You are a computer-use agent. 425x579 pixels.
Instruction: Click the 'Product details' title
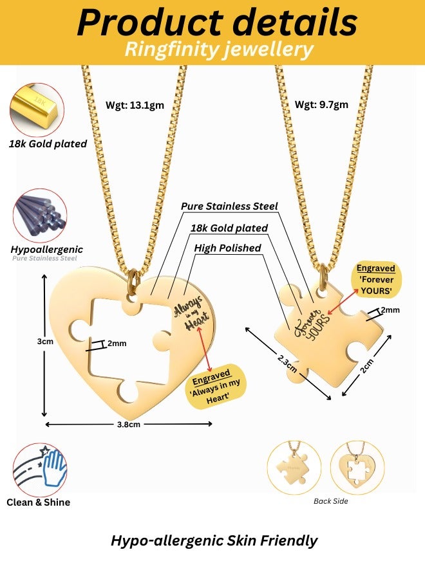coord(217,23)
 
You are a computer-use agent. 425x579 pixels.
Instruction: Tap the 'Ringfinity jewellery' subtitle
coord(219,50)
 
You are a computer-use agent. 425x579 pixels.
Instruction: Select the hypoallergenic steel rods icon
coord(39,214)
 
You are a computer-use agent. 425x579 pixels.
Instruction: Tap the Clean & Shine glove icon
coord(40,469)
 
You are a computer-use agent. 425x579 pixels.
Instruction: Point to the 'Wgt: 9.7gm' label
coord(321,106)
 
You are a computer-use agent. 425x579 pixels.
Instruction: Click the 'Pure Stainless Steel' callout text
coord(229,207)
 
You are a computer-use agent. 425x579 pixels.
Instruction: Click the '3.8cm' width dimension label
coord(128,424)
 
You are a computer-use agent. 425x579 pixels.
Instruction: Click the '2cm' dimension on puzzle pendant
coord(365,366)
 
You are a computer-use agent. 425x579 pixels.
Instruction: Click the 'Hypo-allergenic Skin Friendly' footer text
coord(214,540)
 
